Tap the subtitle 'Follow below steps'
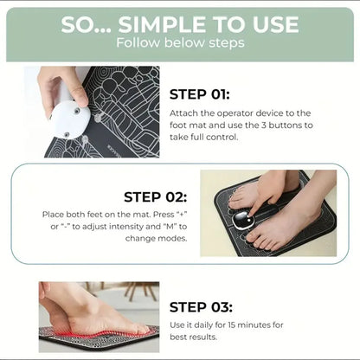(x=179, y=42)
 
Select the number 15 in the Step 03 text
(x=265, y=325)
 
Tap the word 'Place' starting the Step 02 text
(x=54, y=214)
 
